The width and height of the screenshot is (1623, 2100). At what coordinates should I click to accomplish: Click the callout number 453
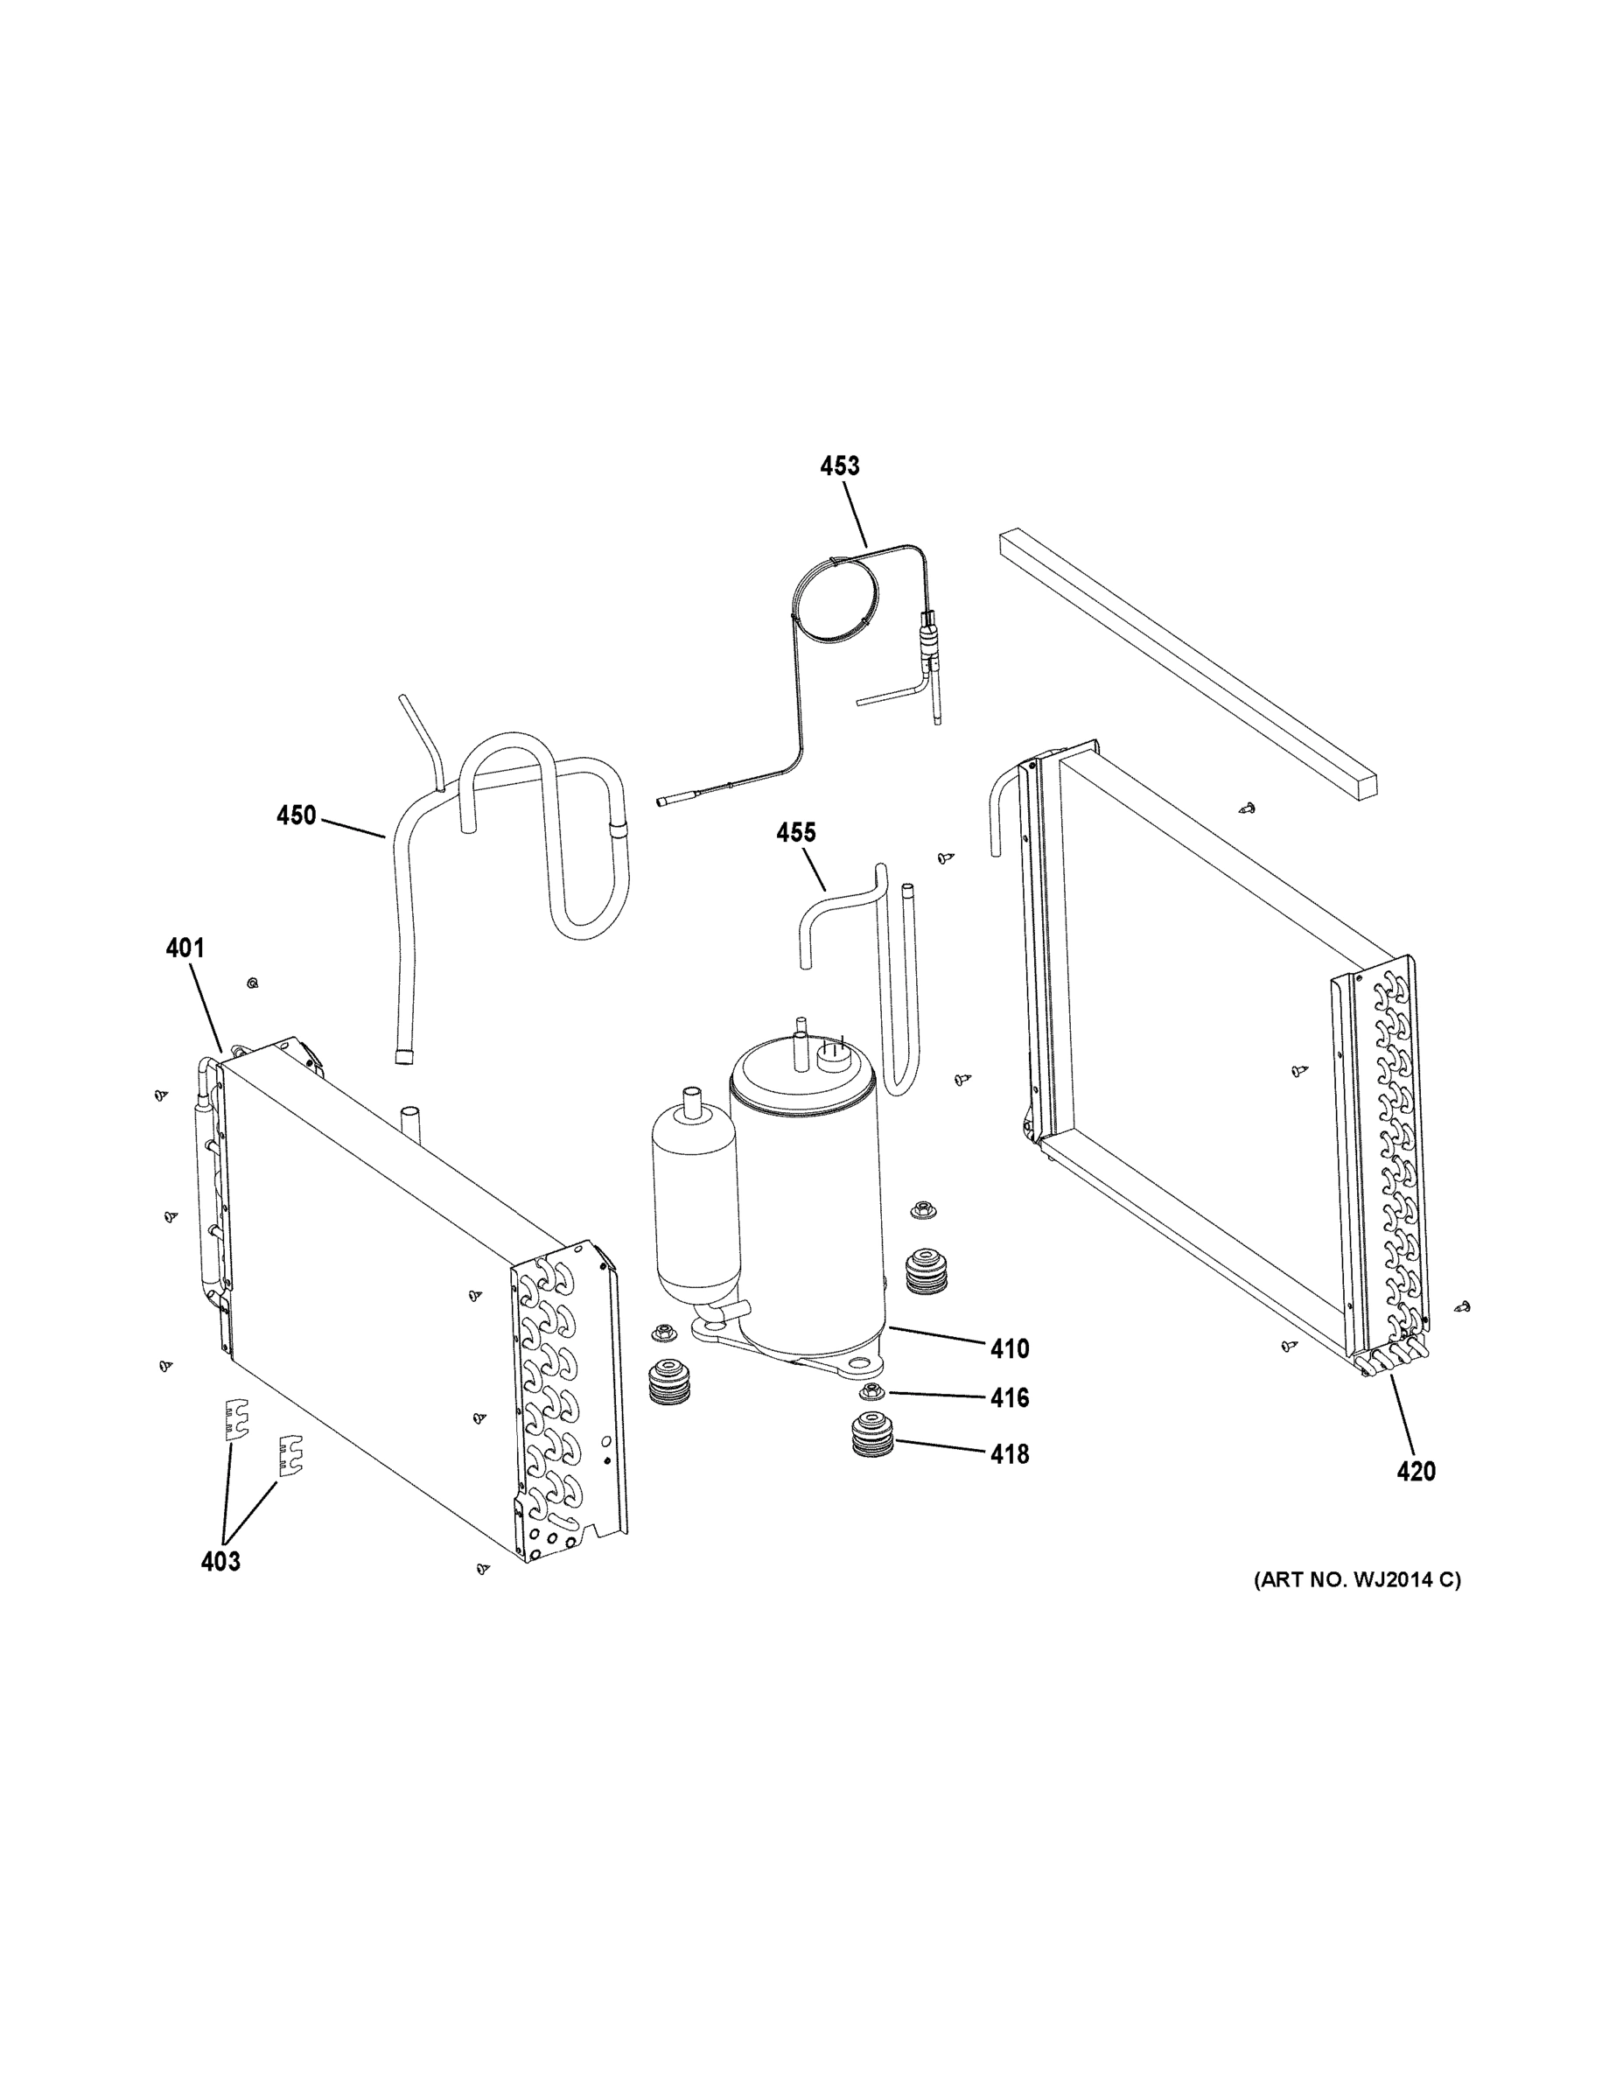pos(839,466)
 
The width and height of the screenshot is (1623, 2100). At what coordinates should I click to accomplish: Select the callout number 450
pos(296,815)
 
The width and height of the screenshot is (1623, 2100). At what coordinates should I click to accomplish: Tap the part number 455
pos(796,833)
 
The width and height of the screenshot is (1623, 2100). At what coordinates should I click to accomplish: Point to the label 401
pos(185,948)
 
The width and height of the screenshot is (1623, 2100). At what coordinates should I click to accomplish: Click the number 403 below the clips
pos(220,1562)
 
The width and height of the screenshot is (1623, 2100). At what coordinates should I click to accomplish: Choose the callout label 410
pos(1010,1349)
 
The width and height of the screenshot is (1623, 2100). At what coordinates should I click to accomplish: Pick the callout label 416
pos(1010,1397)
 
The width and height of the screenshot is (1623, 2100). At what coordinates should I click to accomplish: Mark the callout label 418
pos(1010,1455)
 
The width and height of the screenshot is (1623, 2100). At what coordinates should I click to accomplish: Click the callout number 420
pos(1417,1497)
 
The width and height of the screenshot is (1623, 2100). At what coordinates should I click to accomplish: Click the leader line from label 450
pos(353,827)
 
